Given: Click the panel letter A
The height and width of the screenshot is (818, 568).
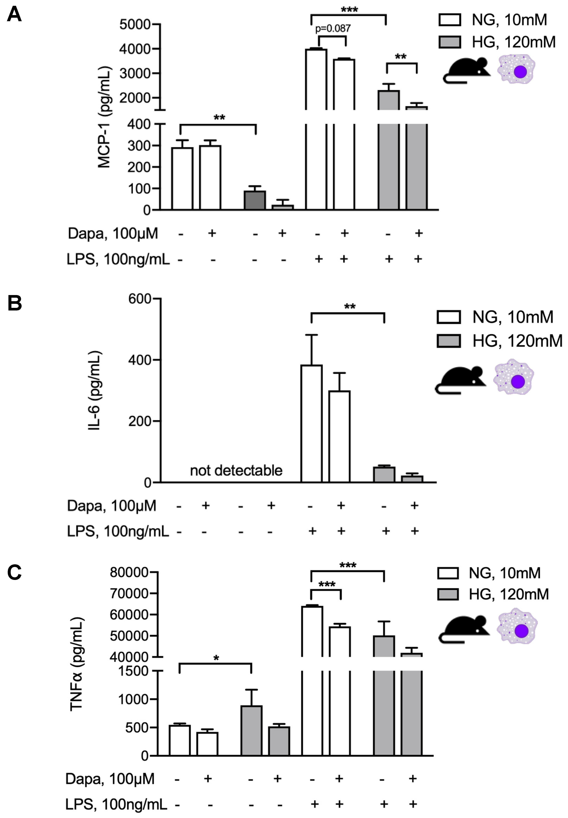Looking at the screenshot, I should (x=14, y=15).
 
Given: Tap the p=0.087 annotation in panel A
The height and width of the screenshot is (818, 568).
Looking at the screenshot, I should (x=333, y=28).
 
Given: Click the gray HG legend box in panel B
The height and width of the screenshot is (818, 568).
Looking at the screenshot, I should (x=448, y=341).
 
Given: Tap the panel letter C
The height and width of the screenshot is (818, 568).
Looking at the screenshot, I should (x=14, y=573).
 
